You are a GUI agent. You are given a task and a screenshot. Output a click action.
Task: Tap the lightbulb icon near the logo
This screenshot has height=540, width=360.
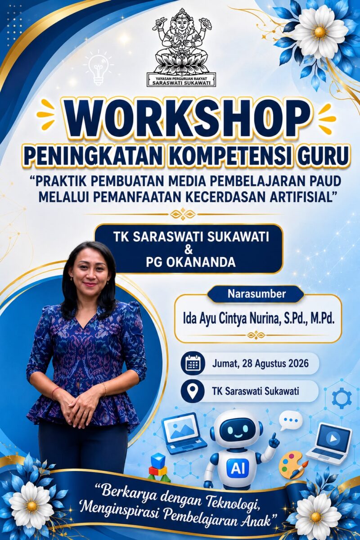(x=97, y=70)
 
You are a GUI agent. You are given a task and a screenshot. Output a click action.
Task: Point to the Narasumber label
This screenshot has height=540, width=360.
(x=256, y=294)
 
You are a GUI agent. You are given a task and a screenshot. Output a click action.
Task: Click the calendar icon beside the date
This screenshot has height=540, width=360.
(x=193, y=364)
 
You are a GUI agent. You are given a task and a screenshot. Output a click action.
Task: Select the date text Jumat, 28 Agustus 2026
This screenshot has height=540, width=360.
(x=260, y=363)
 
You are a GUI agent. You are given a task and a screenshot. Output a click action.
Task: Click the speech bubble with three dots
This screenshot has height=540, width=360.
(x=291, y=420)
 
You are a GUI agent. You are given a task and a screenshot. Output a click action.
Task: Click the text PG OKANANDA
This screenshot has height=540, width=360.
(x=190, y=262)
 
